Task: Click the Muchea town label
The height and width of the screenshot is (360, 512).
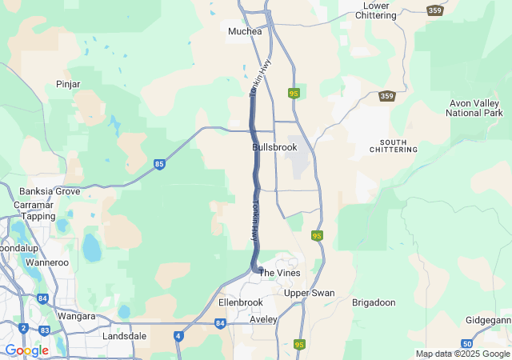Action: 245,31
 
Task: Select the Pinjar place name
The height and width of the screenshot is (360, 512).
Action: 68,84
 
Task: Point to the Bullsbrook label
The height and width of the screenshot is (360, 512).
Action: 274,148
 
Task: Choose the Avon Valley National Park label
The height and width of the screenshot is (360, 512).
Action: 475,108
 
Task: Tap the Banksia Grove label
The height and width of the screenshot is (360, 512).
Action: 50,191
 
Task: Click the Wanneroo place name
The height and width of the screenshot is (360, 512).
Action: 47,262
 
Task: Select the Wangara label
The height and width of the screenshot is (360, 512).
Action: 77,316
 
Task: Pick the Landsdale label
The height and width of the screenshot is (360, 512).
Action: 124,336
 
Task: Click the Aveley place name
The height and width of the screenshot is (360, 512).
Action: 263,319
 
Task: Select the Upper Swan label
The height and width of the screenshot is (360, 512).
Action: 310,293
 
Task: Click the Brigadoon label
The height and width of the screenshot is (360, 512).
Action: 374,302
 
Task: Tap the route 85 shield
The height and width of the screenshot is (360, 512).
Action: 160,164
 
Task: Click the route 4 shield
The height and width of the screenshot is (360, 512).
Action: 178,337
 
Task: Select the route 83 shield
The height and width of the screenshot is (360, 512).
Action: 45,330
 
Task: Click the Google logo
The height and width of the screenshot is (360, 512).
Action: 26,350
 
